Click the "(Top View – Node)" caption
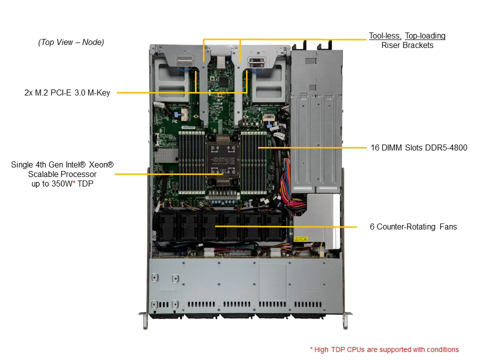click(71, 42)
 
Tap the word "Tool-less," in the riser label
click(385, 36)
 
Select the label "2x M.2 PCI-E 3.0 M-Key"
click(67, 93)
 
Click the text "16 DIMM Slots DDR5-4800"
click(419, 147)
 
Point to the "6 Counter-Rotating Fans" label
click(413, 227)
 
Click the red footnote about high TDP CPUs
click(384, 349)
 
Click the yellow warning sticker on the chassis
click(301, 239)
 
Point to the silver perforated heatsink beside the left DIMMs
click(166, 156)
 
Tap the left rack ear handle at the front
click(144, 320)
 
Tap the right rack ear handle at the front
click(346, 320)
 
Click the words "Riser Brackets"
click(407, 45)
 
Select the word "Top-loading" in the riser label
click(425, 36)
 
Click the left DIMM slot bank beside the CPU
click(191, 163)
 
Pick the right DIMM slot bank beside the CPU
click(254, 163)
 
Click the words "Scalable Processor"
click(62, 174)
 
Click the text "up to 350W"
click(51, 183)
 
